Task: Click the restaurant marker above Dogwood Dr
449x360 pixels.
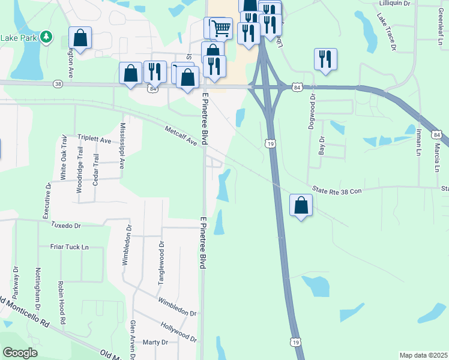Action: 325,59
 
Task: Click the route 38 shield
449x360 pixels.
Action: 58,85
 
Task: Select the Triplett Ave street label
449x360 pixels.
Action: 95,140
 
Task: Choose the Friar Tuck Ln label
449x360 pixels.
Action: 69,247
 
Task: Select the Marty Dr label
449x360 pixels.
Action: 155,342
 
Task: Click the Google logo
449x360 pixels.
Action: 20,352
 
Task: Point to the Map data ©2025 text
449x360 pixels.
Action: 423,355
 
